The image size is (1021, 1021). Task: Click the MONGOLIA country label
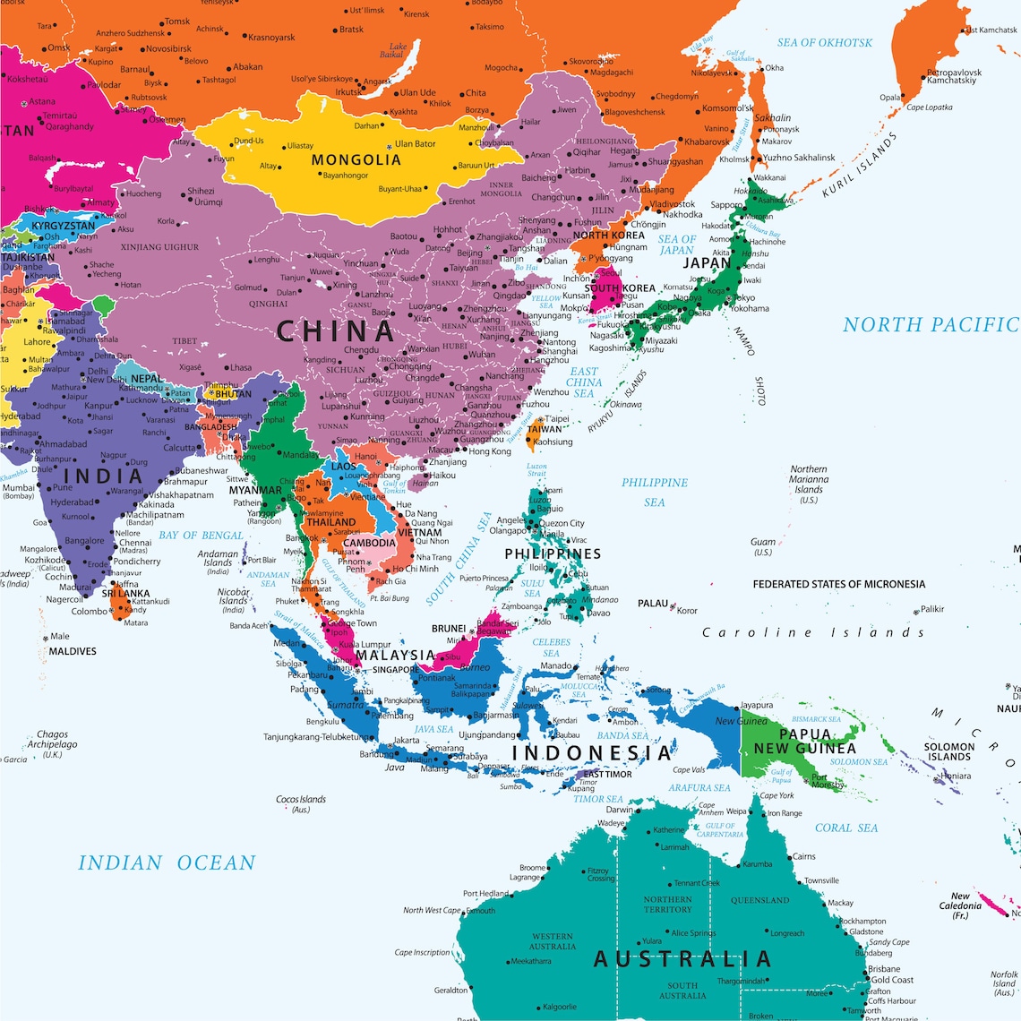click(356, 160)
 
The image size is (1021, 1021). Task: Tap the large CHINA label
click(335, 331)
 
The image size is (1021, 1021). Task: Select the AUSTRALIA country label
click(682, 959)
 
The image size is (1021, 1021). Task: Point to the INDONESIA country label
click(591, 752)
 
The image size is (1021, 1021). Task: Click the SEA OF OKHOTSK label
click(824, 42)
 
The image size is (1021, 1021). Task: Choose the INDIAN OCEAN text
click(167, 863)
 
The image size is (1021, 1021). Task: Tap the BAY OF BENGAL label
click(201, 536)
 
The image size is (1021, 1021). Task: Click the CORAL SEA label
click(846, 828)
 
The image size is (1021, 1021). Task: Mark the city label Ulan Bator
click(415, 143)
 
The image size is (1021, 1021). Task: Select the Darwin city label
click(619, 810)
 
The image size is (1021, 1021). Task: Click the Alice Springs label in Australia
click(693, 932)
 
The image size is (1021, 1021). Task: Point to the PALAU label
click(653, 603)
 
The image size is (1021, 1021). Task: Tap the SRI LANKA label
click(125, 594)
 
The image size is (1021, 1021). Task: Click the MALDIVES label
click(73, 651)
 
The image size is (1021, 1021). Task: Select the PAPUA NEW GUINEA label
click(804, 742)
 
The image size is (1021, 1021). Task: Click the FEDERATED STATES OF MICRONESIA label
click(838, 584)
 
